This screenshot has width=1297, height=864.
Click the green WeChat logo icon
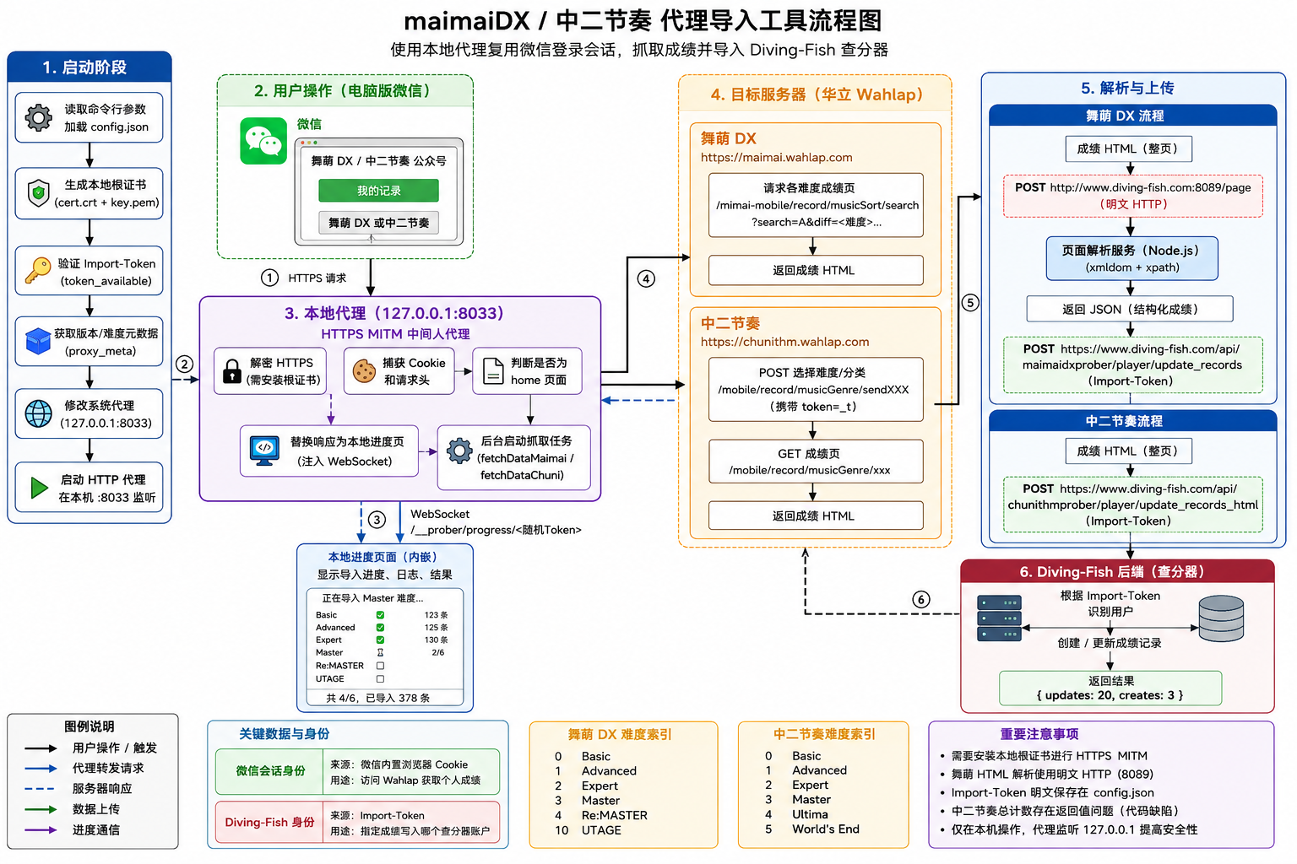(263, 141)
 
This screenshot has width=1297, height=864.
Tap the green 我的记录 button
(378, 191)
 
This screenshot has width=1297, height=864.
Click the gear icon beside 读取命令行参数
(39, 117)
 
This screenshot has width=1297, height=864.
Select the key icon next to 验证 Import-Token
(38, 270)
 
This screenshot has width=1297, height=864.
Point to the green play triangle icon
(39, 488)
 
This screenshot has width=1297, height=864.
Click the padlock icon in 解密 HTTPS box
(231, 371)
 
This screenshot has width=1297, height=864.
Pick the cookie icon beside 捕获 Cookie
(364, 371)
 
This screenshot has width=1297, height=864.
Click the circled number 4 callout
(646, 279)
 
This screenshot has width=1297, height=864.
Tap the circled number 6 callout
(920, 599)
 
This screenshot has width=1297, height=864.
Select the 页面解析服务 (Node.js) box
(1131, 258)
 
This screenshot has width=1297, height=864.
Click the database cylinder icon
(1221, 618)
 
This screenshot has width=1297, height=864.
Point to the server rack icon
(1000, 618)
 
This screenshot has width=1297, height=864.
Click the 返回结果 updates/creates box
(1110, 688)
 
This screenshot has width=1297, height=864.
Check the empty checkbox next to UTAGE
(381, 679)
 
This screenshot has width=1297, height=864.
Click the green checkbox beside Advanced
(381, 627)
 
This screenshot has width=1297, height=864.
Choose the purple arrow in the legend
(41, 830)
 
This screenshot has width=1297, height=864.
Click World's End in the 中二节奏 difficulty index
(826, 829)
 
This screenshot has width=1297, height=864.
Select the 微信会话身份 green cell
(269, 771)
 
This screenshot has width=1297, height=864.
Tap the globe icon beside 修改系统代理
(38, 413)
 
